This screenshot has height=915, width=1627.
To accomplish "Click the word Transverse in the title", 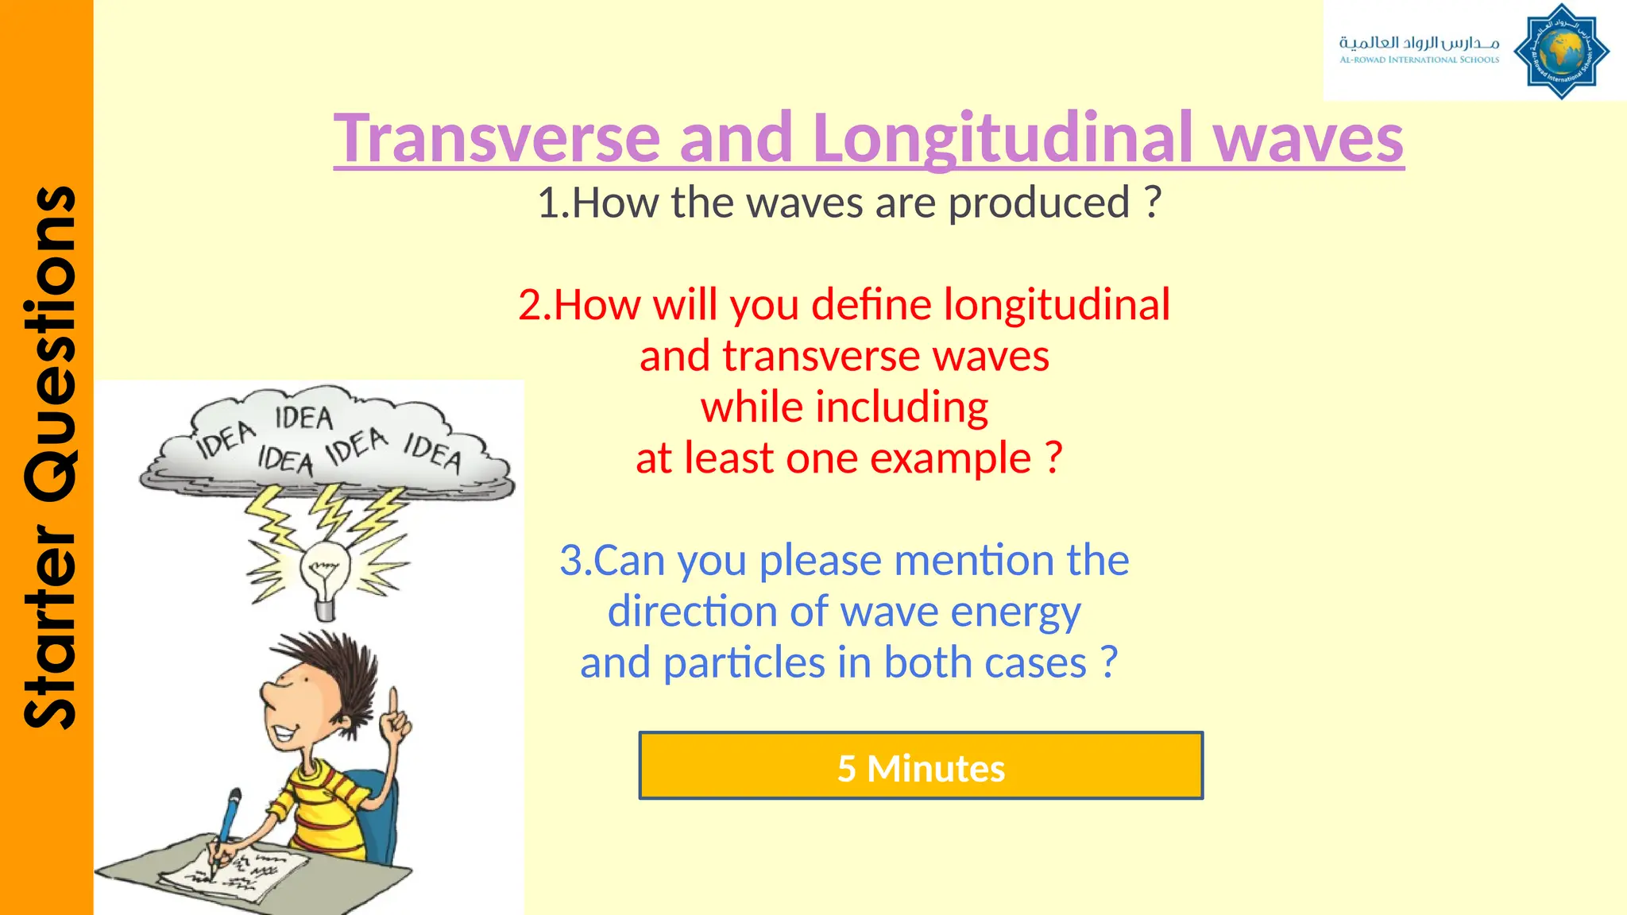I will click(497, 138).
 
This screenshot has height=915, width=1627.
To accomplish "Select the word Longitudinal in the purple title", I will click(1003, 138).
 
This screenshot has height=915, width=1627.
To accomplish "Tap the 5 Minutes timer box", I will click(921, 766).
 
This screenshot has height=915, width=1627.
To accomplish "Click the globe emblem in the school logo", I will click(1561, 52).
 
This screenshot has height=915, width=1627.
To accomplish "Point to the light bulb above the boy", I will click(325, 573).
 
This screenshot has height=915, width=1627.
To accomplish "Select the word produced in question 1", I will click(1039, 203).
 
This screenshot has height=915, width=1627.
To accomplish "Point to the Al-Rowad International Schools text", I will click(1419, 60).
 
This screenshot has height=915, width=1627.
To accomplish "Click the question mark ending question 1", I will click(1153, 203).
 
